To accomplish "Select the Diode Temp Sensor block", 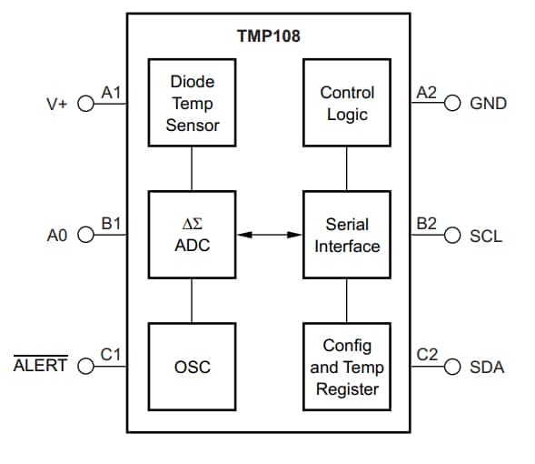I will (x=192, y=103).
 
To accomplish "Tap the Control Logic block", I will (x=346, y=103).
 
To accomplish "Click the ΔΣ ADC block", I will (x=192, y=234).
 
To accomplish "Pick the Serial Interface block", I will (x=346, y=234).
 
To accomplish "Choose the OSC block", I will (x=192, y=367).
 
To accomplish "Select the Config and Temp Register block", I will (x=346, y=367).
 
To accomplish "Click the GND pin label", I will (x=488, y=104).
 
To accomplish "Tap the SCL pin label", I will (x=486, y=236).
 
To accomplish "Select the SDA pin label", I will (x=487, y=368).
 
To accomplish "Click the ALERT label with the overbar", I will (x=40, y=368).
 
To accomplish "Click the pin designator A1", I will (x=111, y=92).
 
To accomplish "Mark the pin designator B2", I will (x=426, y=224).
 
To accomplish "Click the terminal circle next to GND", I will (x=451, y=103).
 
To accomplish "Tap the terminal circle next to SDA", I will (x=451, y=367).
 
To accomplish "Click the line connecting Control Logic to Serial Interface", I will (x=346, y=168).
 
